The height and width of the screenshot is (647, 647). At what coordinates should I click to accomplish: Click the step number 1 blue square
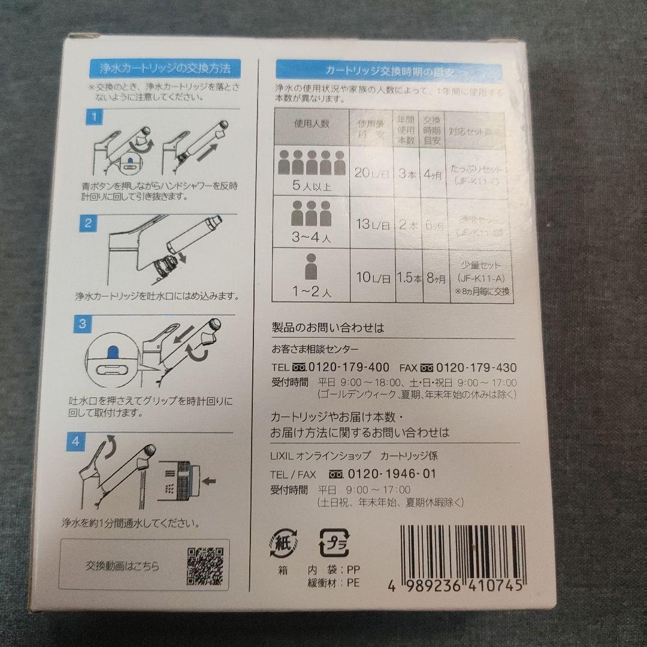click(93, 117)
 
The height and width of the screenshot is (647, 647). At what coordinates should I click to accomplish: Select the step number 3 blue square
click(84, 325)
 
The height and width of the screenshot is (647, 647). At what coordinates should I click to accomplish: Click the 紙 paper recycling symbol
click(282, 542)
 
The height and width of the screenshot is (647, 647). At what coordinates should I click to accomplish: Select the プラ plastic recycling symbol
click(332, 542)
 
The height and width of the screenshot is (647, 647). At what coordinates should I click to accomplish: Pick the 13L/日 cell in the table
click(371, 225)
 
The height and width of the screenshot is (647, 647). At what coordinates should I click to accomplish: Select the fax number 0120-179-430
click(477, 367)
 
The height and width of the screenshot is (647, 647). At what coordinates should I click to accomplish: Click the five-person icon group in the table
click(310, 162)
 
